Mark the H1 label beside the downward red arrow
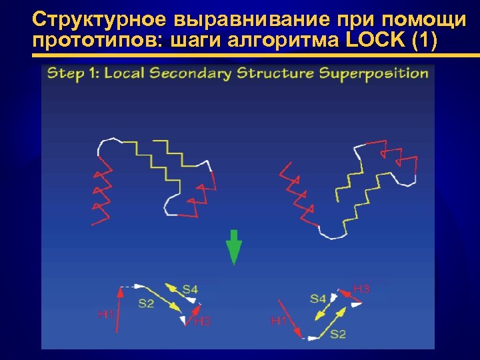pyautogui.click(x=278, y=321)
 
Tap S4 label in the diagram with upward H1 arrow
pyautogui.click(x=190, y=289)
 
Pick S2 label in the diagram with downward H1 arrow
pyautogui.click(x=338, y=333)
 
